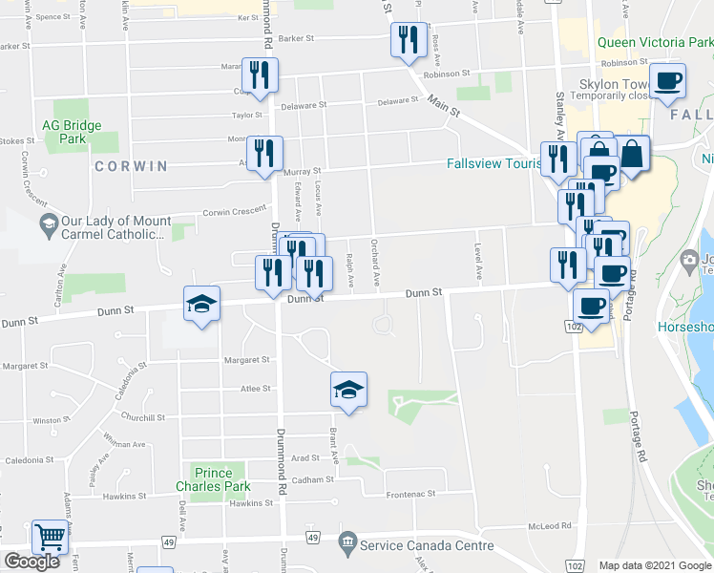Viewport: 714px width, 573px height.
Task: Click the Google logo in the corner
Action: [x=31, y=562]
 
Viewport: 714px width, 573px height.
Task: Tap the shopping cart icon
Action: [x=50, y=537]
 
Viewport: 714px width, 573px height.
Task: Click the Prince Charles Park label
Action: [x=213, y=479]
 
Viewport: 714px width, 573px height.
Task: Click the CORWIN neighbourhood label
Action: [x=131, y=166]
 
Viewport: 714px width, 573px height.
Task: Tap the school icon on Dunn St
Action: [x=201, y=305]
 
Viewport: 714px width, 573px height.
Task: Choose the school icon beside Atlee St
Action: [x=348, y=390]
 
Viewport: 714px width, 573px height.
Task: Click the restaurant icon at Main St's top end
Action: [x=409, y=40]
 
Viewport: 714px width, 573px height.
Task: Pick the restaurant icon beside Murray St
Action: [x=264, y=153]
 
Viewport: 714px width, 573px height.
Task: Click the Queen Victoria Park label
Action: [x=655, y=43]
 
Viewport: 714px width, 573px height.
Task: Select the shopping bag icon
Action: [x=632, y=153]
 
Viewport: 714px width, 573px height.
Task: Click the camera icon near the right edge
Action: [x=688, y=260]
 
